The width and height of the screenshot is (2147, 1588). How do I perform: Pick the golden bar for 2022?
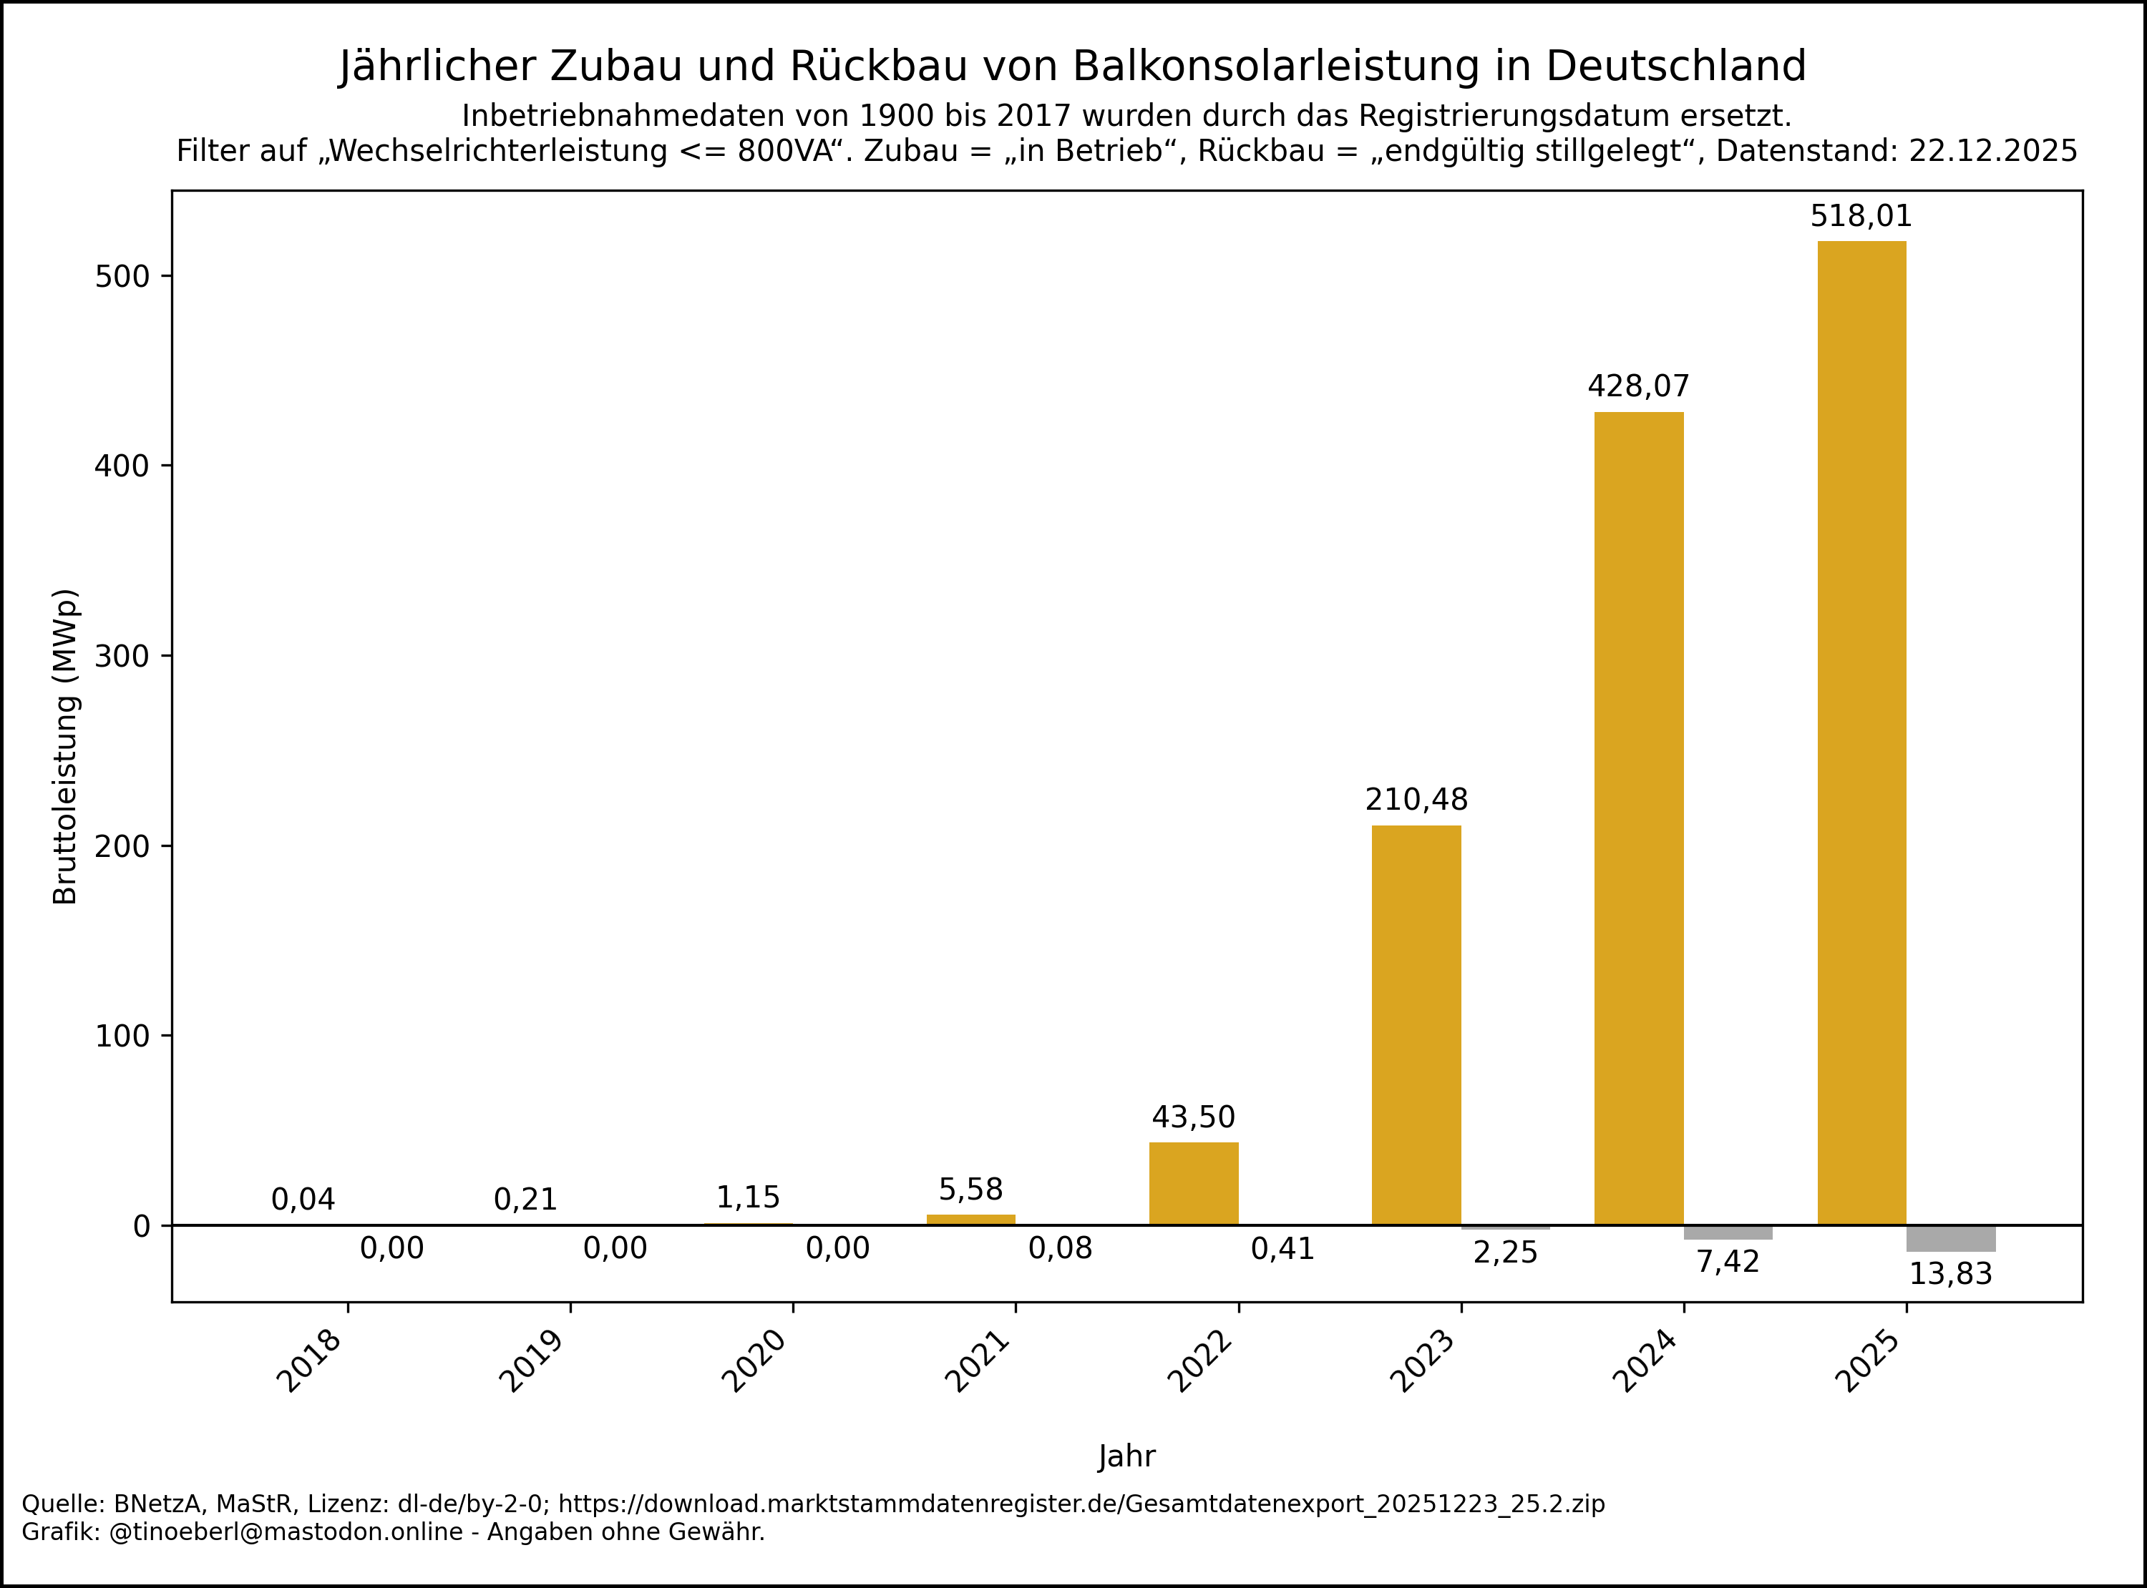1193,1183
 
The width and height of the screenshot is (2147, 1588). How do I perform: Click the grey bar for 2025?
1951,1238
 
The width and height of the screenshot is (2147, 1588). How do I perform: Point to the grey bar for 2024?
1728,1232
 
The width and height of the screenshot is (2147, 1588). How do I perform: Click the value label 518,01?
1861,216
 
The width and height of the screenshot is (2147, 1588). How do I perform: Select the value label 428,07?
1638,386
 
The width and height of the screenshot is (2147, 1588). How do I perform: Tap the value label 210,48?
1416,800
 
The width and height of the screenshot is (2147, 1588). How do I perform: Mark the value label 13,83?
1951,1275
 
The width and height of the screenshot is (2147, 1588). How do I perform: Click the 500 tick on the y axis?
122,277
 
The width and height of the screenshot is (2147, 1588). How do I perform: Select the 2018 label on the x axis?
310,1361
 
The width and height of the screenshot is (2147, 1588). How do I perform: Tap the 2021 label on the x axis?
978,1361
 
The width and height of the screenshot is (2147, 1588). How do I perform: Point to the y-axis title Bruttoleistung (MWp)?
65,746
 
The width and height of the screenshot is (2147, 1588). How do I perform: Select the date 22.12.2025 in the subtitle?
1992,151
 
